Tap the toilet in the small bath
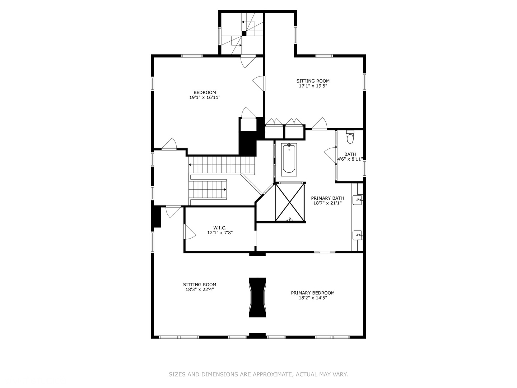coord(350,137)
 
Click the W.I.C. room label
coord(220,227)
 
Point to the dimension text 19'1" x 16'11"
coord(205,97)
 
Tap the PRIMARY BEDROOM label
coord(313,293)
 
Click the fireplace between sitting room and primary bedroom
coord(257,297)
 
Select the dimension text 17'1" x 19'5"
coord(313,86)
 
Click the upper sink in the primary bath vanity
coord(358,199)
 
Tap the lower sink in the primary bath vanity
coord(358,235)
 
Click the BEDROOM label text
coord(205,92)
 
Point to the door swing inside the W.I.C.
coord(189,232)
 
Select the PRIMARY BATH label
coord(327,198)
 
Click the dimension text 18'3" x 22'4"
coord(200,289)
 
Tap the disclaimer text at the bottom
coord(258,374)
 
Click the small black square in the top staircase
coord(244,33)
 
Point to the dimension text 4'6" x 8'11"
coord(350,159)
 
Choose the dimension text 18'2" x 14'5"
coord(313,298)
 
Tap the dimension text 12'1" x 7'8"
coord(220,232)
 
